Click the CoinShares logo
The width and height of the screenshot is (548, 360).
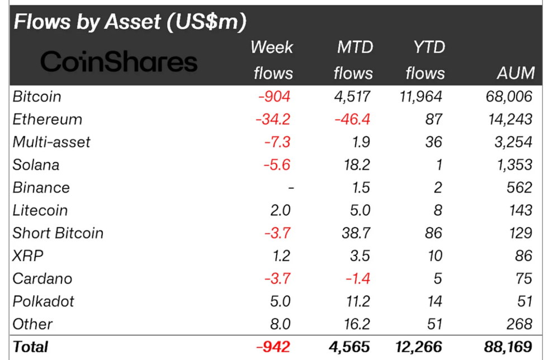tap(119, 61)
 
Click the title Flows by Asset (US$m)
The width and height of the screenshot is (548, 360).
tap(130, 22)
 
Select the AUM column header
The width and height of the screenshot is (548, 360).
tap(515, 73)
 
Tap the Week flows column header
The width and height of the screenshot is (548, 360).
tap(272, 60)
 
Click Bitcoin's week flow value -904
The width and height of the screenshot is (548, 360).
tap(274, 97)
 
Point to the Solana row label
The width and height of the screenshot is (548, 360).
tap(36, 165)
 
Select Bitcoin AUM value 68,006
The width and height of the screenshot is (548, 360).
tap(509, 97)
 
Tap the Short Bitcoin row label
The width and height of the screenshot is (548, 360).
tap(58, 233)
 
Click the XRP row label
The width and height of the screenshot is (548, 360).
tap(28, 256)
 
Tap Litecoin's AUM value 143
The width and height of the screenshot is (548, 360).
tap(520, 211)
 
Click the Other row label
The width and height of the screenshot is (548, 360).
tap(32, 324)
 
